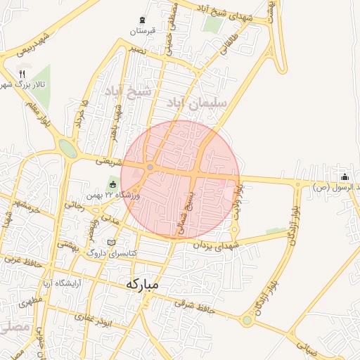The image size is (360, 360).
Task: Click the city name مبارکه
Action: [x=150, y=285]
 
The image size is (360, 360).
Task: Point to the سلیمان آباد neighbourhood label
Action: [x=198, y=103]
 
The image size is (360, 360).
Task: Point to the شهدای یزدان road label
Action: [x=219, y=245]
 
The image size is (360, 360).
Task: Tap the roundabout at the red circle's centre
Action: [x=150, y=167]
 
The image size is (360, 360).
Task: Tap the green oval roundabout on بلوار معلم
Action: [x=68, y=148]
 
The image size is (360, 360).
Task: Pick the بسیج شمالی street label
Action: [x=186, y=211]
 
